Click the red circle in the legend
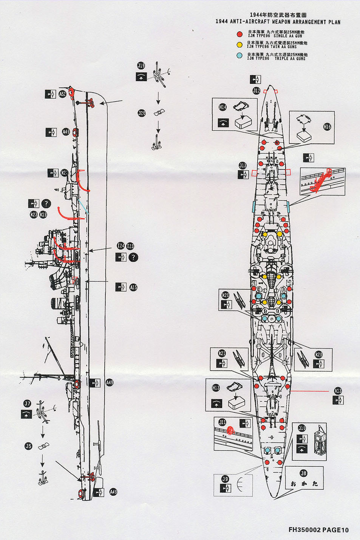coord(239,34)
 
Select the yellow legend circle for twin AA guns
coord(239,45)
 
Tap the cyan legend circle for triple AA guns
coord(239,56)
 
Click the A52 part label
coord(62,94)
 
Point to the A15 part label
coord(133,287)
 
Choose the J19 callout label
coord(141,66)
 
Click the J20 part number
coord(142,113)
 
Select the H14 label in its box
coord(222,107)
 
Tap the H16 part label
coord(327,127)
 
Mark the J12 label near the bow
coord(256,91)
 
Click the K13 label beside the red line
coord(338,391)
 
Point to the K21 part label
coord(222,353)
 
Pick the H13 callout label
coord(216,388)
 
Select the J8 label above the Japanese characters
coord(303,473)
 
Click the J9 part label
coord(225,479)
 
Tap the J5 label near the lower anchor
coord(28,446)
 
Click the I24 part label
coord(121,246)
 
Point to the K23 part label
coord(34,214)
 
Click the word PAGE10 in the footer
coord(335,530)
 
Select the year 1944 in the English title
coord(221,22)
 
